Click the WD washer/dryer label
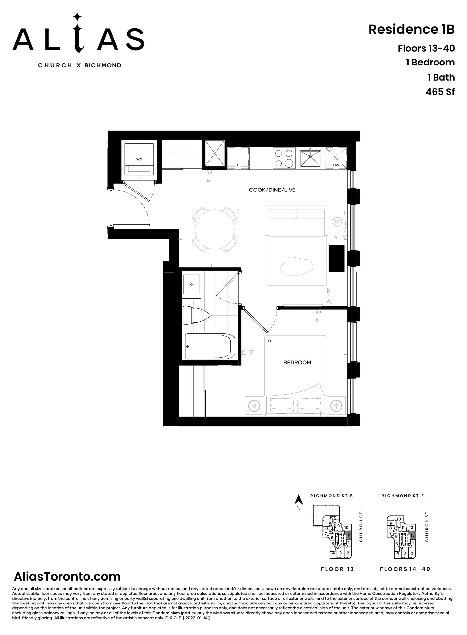pyautogui.click(x=139, y=159)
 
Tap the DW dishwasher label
pyautogui.click(x=336, y=165)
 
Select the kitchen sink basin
pyautogui.click(x=310, y=159)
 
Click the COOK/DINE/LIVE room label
pyautogui.click(x=272, y=190)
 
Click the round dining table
pyautogui.click(x=215, y=229)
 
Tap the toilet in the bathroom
pyautogui.click(x=196, y=315)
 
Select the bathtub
pyautogui.click(x=210, y=347)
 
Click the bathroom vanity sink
pyautogui.click(x=191, y=284)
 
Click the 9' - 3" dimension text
pyautogui.click(x=247, y=352)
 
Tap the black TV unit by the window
pyautogui.click(x=336, y=258)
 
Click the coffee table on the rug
pyautogui.click(x=296, y=266)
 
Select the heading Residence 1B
pyautogui.click(x=411, y=30)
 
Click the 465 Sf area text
pyautogui.click(x=440, y=92)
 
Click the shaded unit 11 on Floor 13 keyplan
pyautogui.click(x=349, y=535)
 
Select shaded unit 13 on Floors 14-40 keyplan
pyautogui.click(x=412, y=535)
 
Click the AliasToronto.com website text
pyautogui.click(x=67, y=576)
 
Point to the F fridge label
pyautogui.click(x=238, y=165)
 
